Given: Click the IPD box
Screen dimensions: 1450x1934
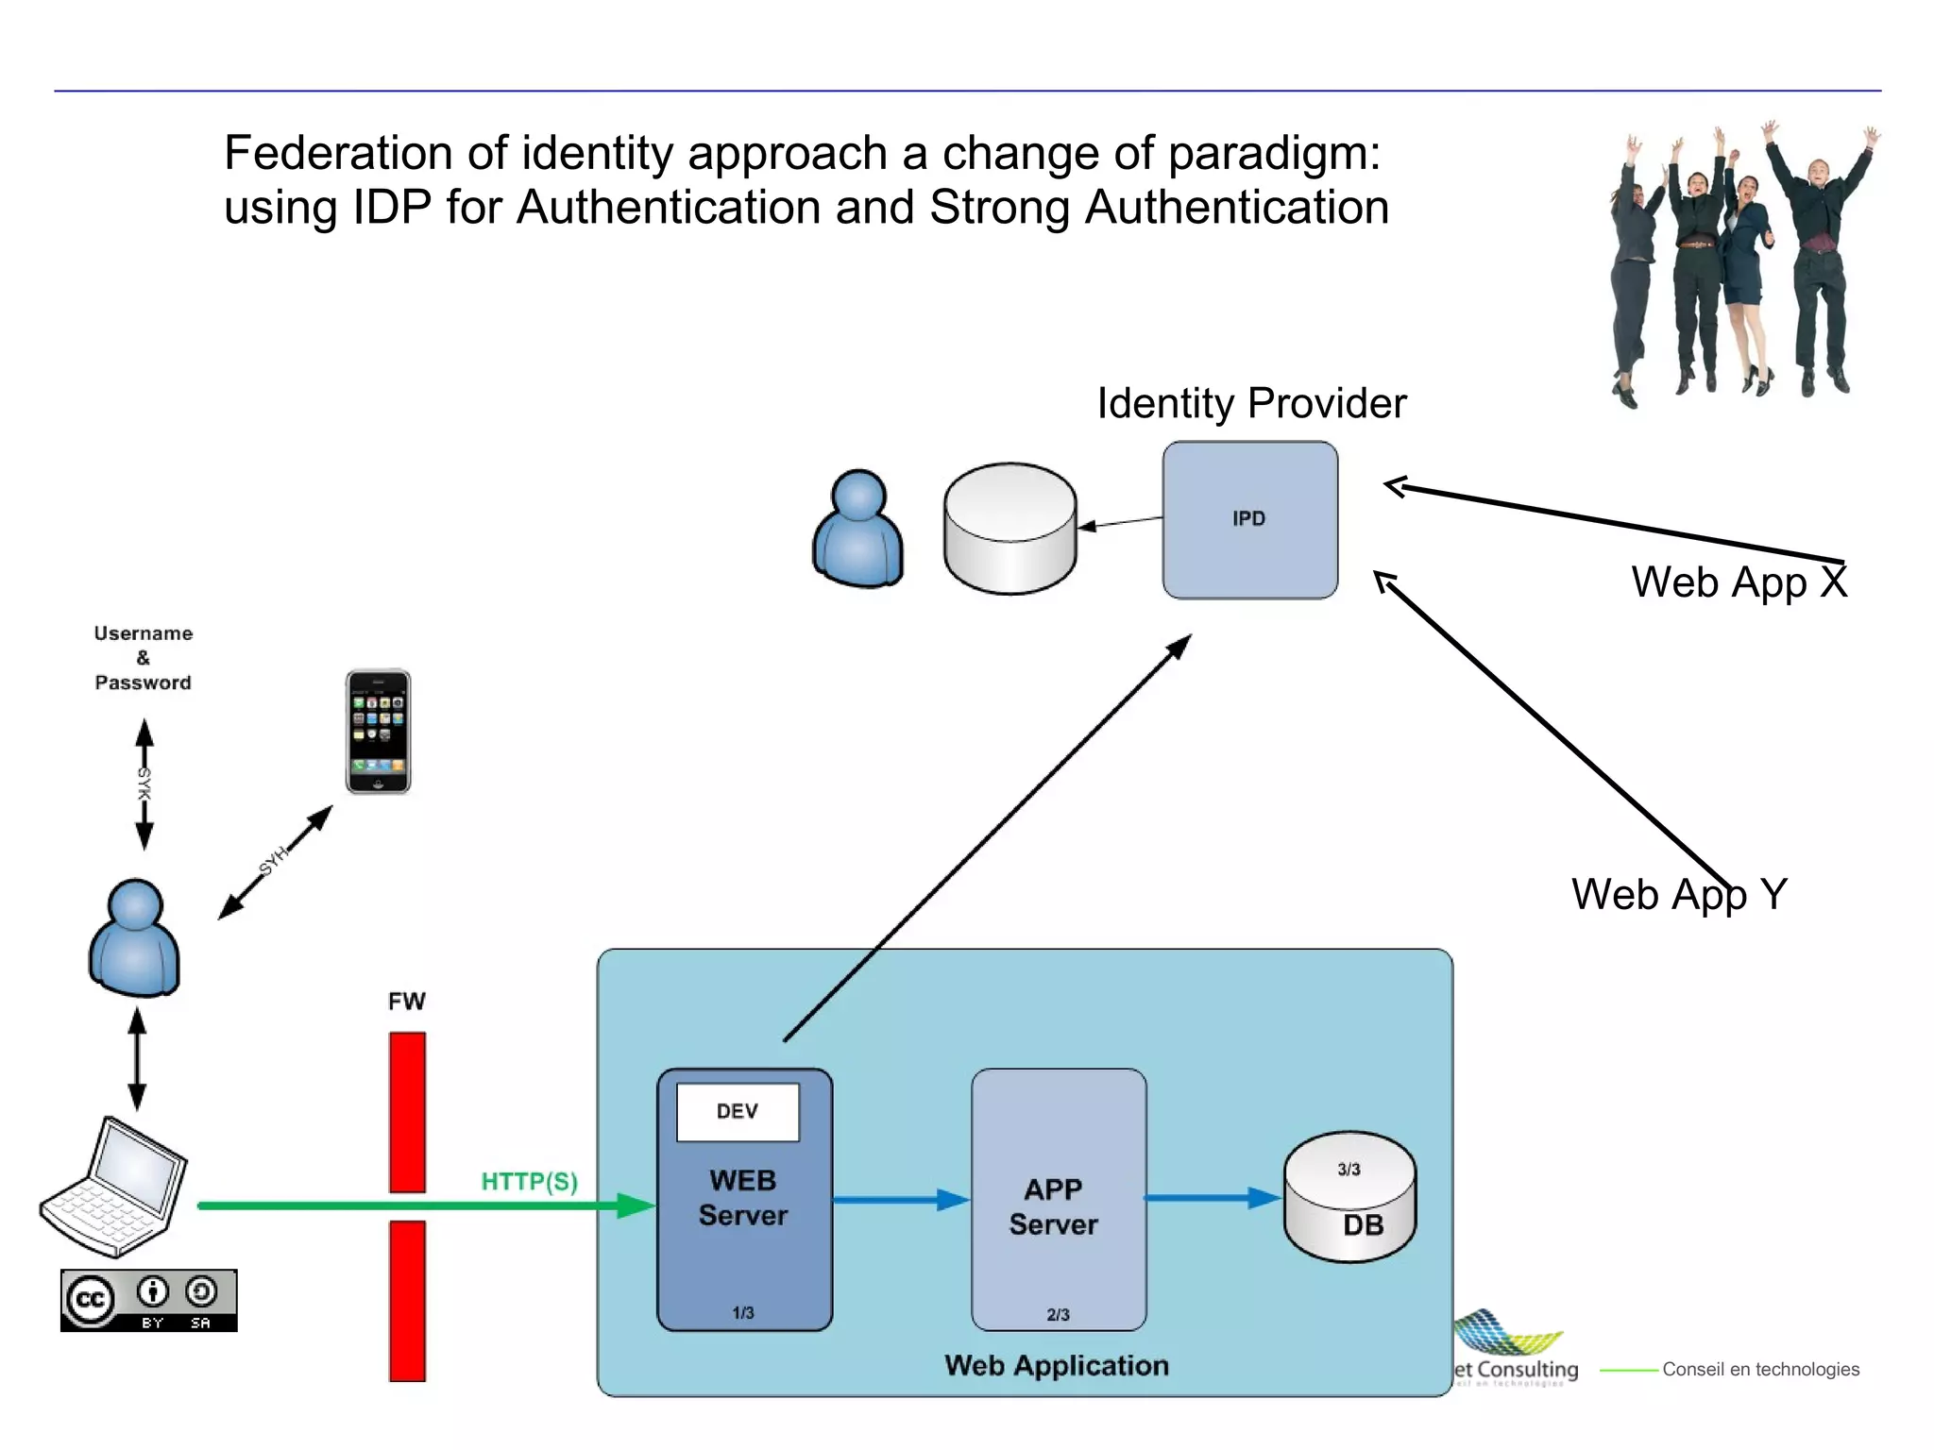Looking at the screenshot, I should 1249,519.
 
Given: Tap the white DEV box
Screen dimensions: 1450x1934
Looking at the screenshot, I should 738,1111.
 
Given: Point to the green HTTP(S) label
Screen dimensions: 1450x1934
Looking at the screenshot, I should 529,1181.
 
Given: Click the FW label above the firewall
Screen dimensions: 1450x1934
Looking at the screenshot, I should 407,1001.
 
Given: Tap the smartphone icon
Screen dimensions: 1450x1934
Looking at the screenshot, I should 378,732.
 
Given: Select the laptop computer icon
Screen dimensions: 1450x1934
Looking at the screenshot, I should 114,1188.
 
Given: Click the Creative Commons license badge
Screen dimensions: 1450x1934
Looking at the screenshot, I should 148,1300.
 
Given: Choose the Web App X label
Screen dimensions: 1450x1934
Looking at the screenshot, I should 1738,582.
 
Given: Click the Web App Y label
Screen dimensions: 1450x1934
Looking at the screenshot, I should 1678,894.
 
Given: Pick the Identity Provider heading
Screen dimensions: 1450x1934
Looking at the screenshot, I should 1250,403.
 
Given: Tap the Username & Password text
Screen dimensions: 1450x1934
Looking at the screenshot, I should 143,658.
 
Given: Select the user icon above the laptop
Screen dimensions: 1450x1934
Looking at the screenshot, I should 134,937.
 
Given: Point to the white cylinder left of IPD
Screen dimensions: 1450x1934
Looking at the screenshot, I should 1009,529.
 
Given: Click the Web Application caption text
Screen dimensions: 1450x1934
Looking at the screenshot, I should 1056,1365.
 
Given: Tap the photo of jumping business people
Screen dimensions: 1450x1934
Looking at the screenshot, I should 1742,264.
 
